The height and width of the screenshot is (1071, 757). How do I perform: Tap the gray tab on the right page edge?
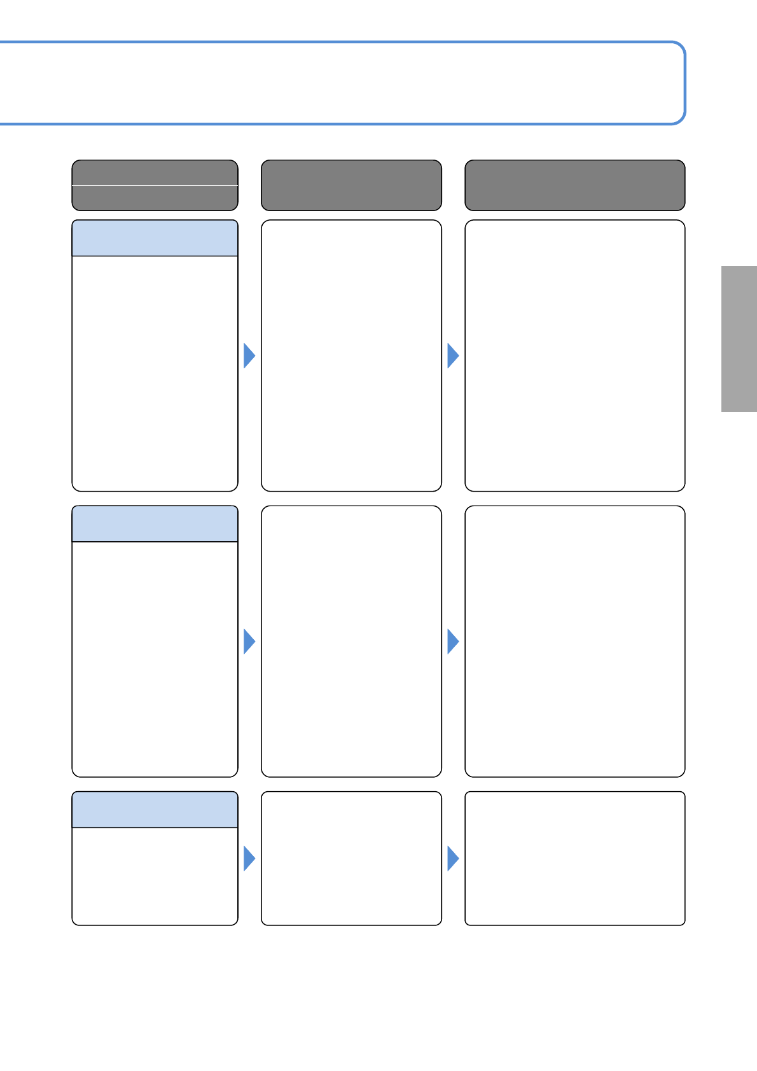coord(739,339)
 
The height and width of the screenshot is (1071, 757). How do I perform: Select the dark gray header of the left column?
coord(155,185)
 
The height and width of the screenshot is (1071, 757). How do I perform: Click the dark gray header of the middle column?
coord(351,185)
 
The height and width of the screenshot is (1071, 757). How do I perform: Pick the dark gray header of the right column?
coord(574,185)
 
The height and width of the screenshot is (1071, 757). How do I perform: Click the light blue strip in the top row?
coord(155,238)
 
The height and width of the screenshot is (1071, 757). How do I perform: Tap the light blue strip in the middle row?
coord(155,524)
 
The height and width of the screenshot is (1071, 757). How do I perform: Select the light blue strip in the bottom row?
coord(155,810)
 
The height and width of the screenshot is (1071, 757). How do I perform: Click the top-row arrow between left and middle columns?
coord(249,356)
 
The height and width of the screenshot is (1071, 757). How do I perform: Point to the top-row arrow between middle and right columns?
coord(452,356)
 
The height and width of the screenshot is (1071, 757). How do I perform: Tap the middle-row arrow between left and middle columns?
coord(249,641)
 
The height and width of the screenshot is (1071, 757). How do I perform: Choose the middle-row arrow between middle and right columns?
coord(452,641)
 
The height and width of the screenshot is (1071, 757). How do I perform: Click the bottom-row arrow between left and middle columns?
coord(249,859)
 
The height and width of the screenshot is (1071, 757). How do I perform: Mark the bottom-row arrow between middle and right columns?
coord(452,859)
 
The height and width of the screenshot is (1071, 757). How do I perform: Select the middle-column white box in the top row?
coord(351,356)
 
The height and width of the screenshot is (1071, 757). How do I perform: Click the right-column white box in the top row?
coord(574,356)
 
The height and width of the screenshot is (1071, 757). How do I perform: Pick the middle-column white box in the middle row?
coord(351,641)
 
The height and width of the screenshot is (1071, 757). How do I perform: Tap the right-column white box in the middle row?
coord(574,641)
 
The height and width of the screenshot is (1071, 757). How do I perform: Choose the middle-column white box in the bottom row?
coord(351,859)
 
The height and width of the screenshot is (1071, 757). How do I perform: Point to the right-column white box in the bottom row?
coord(574,859)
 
